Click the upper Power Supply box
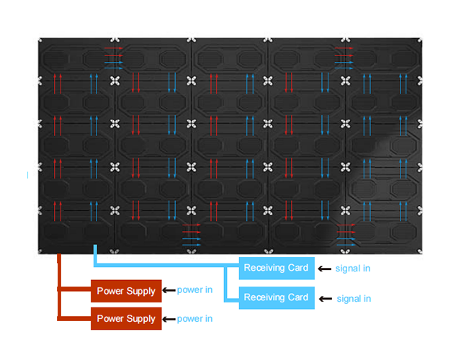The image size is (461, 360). tap(126, 291)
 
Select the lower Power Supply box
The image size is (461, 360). tap(126, 318)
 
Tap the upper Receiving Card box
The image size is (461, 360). tap(277, 268)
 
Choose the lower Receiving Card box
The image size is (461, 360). tap(277, 297)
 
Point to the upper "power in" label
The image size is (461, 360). tap(194, 290)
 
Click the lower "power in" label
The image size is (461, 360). tap(194, 319)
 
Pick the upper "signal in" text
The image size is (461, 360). tap(353, 269)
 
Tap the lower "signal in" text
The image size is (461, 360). tap(354, 299)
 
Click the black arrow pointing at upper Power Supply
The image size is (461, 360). tap(169, 290)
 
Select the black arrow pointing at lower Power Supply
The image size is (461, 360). tap(169, 319)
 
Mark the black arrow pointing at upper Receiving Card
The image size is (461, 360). tap(325, 269)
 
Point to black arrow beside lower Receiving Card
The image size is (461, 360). tap(326, 299)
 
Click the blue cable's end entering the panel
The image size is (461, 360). tap(95, 246)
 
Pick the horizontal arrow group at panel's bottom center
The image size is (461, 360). tap(192, 235)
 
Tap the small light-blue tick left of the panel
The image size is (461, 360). tap(27, 175)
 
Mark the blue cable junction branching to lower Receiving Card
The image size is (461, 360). tap(225, 266)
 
